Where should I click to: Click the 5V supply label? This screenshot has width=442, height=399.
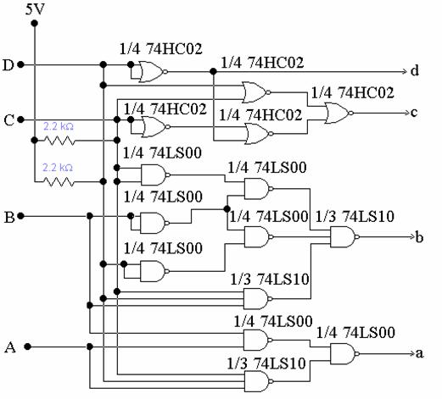(x=35, y=9)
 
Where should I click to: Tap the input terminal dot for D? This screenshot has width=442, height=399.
(x=20, y=64)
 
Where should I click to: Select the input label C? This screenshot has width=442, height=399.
(x=8, y=120)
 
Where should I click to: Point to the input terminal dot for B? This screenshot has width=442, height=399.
(x=20, y=216)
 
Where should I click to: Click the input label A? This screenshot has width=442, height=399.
(x=10, y=347)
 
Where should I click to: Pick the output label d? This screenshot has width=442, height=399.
(x=415, y=70)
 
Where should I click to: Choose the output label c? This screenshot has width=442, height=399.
(x=414, y=113)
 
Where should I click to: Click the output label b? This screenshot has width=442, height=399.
(x=419, y=236)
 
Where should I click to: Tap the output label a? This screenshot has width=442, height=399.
(x=420, y=353)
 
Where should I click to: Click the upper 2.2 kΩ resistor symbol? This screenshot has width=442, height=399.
(x=59, y=141)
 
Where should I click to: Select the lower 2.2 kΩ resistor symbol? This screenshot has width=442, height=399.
(x=59, y=181)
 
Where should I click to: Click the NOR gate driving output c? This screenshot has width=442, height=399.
(x=339, y=113)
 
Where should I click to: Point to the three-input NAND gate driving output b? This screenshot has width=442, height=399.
(x=344, y=236)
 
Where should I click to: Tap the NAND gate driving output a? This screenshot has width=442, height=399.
(x=344, y=353)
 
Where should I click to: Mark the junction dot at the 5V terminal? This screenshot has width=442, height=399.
(x=35, y=23)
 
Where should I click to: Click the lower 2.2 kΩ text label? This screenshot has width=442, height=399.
(x=58, y=168)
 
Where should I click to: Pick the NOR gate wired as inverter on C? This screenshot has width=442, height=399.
(x=155, y=127)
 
